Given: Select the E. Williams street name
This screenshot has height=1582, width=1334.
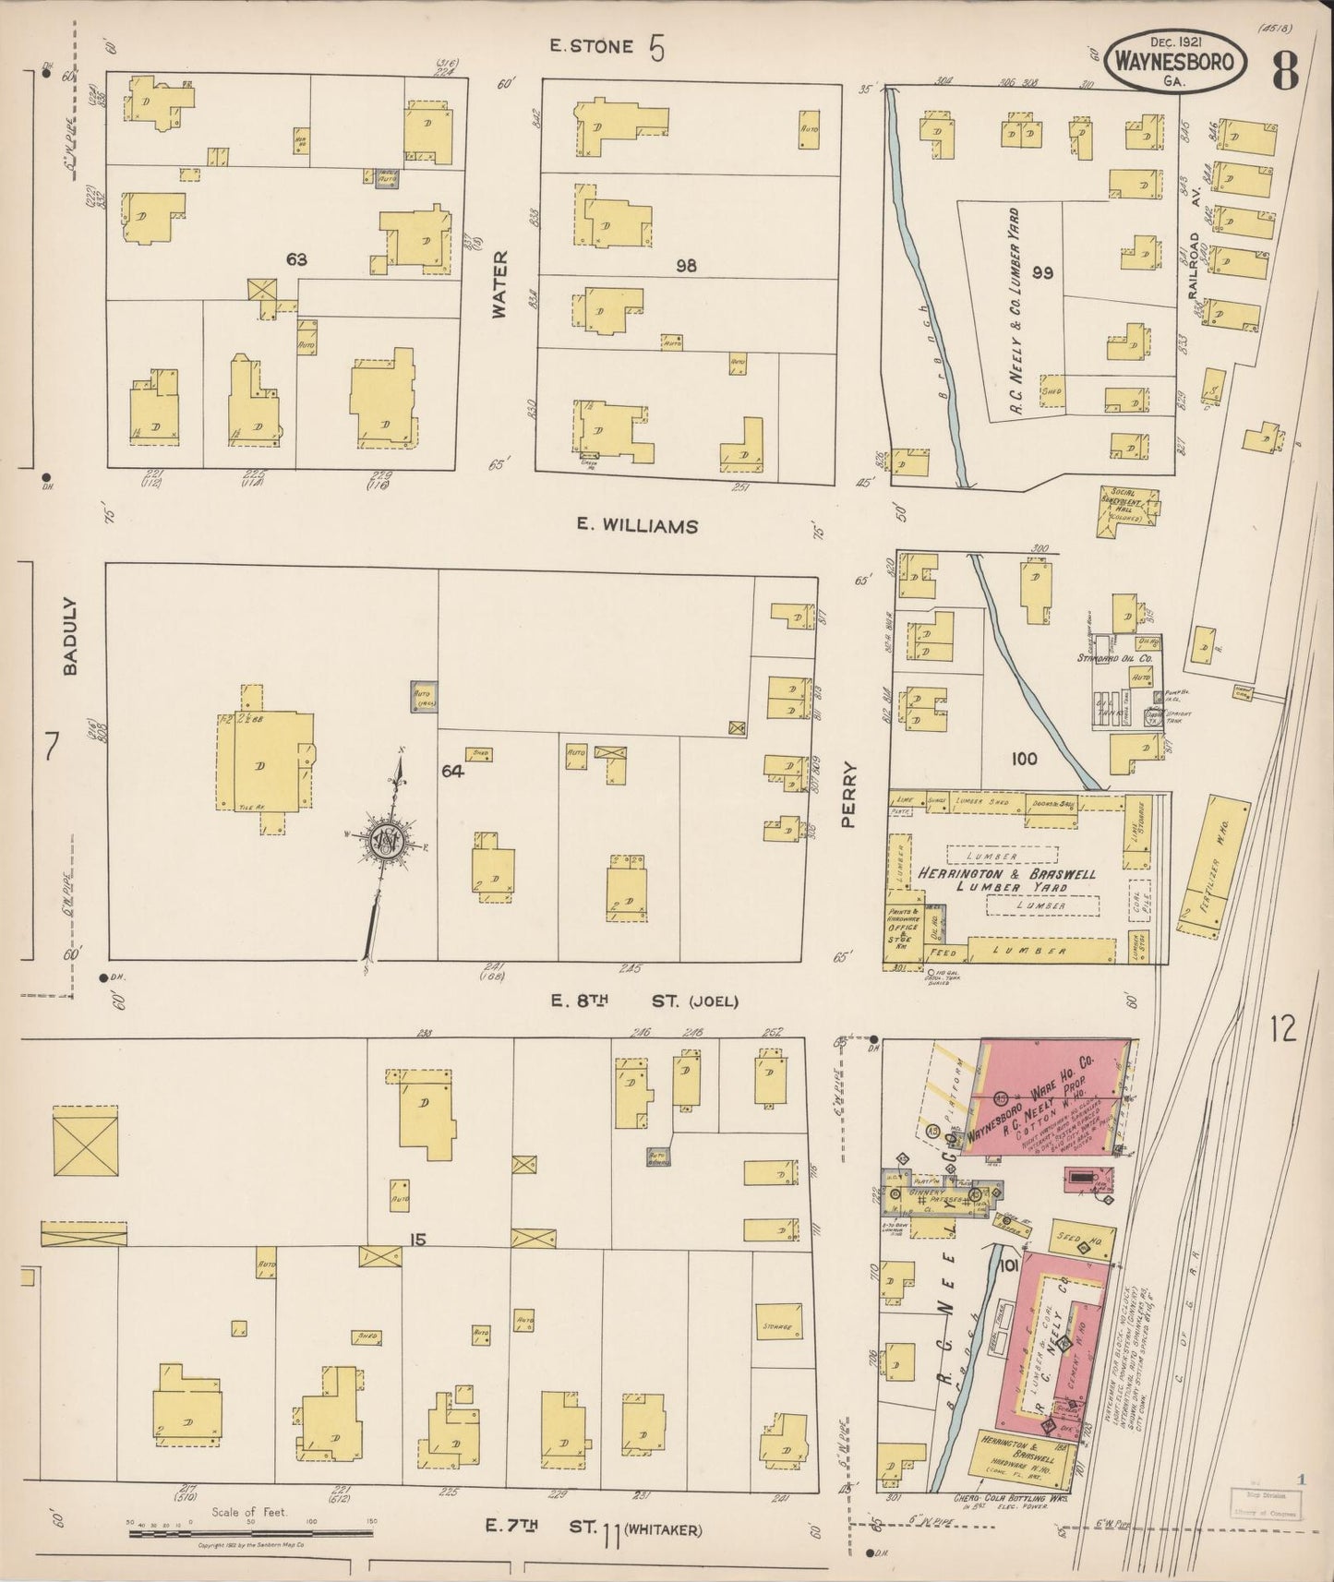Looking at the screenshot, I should click(637, 525).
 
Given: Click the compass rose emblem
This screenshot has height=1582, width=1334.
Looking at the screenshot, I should click(383, 840).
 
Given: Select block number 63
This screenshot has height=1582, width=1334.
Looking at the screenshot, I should click(295, 260).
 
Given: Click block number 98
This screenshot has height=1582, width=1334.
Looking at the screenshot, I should click(685, 266).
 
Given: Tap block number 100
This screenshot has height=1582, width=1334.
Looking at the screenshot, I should click(1024, 759).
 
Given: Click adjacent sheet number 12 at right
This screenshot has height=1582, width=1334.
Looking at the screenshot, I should click(1283, 1027).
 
